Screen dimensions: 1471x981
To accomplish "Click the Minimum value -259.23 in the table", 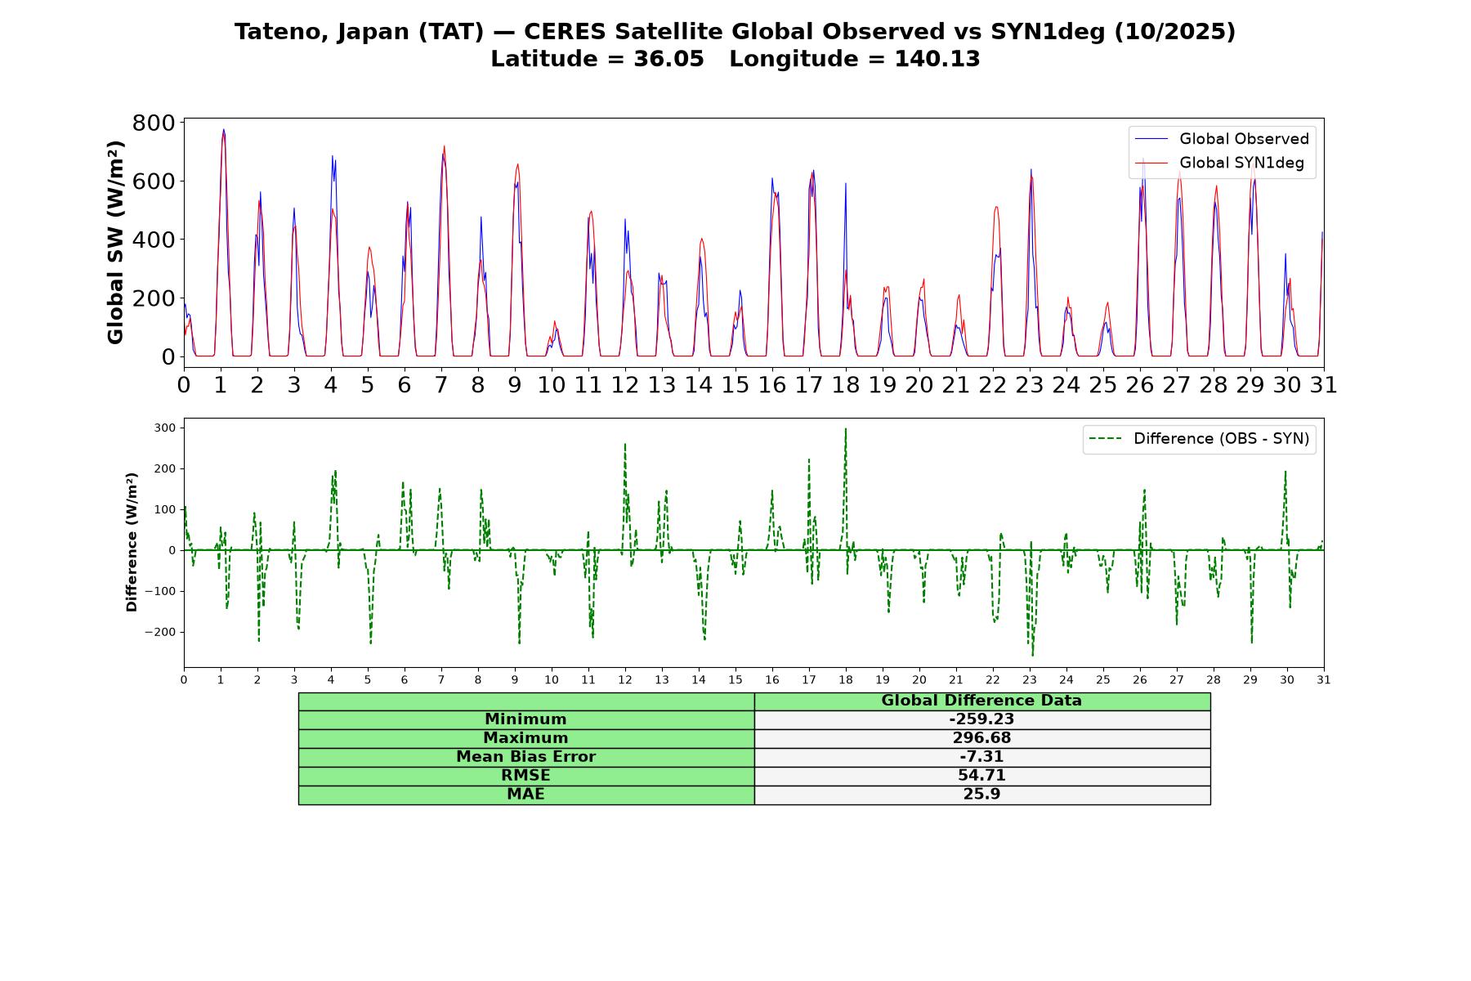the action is pyautogui.click(x=981, y=719).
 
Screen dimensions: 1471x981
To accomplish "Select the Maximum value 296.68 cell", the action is pyautogui.click(x=981, y=738).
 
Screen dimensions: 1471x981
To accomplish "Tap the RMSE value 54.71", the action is pyautogui.click(x=981, y=776).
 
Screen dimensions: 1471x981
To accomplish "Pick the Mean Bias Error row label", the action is pyautogui.click(x=525, y=757).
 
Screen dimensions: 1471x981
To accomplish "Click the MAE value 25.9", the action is pyautogui.click(x=981, y=795).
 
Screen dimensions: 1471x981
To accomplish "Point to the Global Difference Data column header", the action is pyautogui.click(x=981, y=701).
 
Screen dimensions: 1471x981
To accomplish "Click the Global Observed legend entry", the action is pyautogui.click(x=1222, y=139).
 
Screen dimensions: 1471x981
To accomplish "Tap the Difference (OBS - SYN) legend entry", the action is pyautogui.click(x=1199, y=439).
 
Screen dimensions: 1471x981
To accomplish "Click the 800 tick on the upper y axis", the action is pyautogui.click(x=154, y=123).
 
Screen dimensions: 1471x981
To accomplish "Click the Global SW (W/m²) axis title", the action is pyautogui.click(x=115, y=242).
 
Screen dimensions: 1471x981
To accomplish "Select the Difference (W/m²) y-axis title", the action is pyautogui.click(x=132, y=542).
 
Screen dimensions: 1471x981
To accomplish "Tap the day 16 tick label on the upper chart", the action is pyautogui.click(x=772, y=384).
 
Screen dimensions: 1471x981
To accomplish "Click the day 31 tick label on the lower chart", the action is pyautogui.click(x=1324, y=679).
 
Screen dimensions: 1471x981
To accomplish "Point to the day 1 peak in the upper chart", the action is pyautogui.click(x=223, y=129).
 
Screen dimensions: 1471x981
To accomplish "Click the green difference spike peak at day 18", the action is pyautogui.click(x=846, y=428).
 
